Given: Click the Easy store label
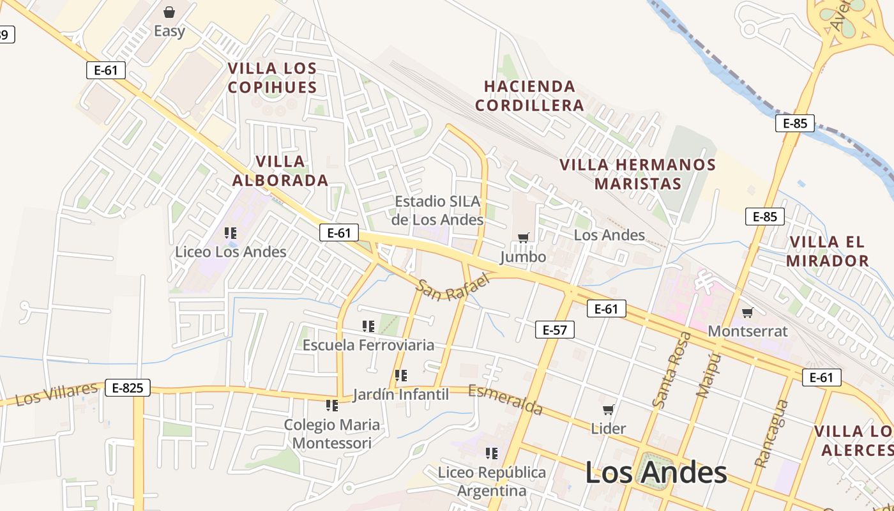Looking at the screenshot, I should click(169, 31).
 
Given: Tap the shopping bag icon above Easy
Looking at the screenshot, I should click(169, 12).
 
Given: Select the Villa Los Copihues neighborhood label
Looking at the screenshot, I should click(273, 77).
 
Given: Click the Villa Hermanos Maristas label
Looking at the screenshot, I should click(638, 174).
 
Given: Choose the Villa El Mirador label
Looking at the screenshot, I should click(827, 251).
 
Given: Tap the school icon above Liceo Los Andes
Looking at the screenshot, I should click(231, 233).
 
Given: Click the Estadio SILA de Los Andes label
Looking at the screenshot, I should click(438, 210).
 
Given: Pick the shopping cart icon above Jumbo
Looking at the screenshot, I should click(524, 238).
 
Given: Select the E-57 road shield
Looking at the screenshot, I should click(554, 330).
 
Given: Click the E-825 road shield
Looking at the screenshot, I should click(128, 387).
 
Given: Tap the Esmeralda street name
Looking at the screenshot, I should click(506, 399).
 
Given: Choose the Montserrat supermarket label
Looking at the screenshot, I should click(748, 331).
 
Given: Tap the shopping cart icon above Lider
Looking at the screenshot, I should click(609, 409).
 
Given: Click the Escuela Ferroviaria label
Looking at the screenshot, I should click(368, 345).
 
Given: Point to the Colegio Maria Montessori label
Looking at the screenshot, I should click(332, 434).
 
